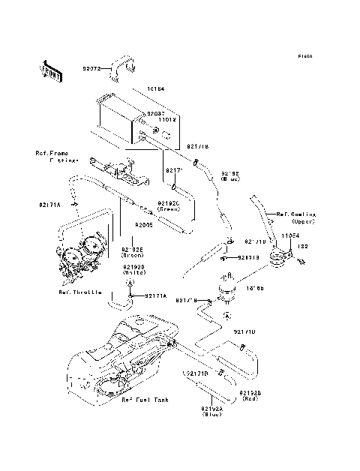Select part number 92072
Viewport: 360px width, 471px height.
[93, 67]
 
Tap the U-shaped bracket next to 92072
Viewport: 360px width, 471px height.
[122, 67]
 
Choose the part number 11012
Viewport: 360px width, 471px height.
[166, 118]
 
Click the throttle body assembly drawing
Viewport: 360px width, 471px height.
[79, 259]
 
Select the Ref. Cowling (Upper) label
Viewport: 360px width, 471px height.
[295, 218]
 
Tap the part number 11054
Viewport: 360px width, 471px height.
[290, 235]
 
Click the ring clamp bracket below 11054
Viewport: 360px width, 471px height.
[280, 259]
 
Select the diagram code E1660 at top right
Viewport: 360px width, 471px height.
[304, 56]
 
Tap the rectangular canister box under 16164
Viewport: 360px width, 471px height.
[116, 120]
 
